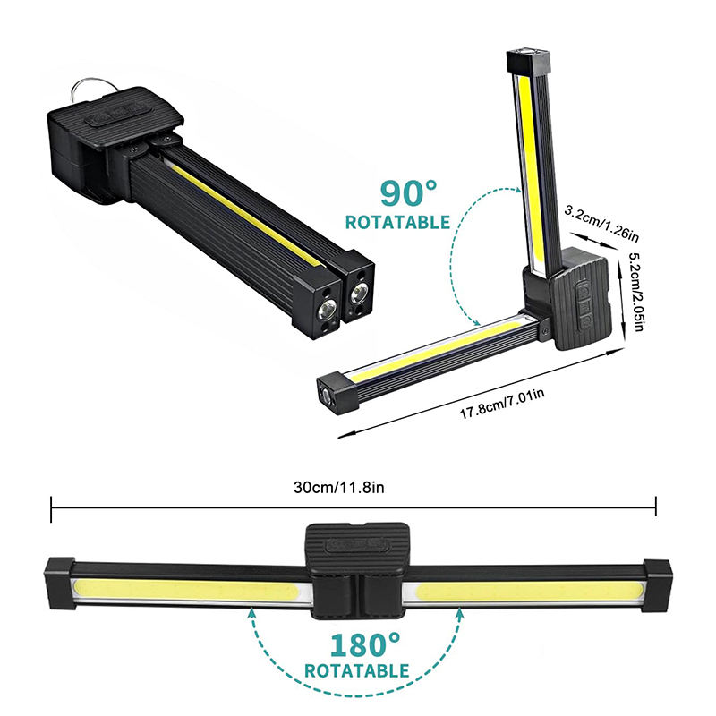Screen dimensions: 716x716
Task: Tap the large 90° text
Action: [408, 193]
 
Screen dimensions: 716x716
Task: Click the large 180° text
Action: [364, 644]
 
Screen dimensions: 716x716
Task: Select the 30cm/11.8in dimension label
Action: [339, 488]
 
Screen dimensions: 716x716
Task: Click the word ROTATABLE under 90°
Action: [397, 222]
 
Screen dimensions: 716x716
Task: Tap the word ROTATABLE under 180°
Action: [356, 670]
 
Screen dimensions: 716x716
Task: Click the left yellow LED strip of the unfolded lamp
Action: [187, 592]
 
